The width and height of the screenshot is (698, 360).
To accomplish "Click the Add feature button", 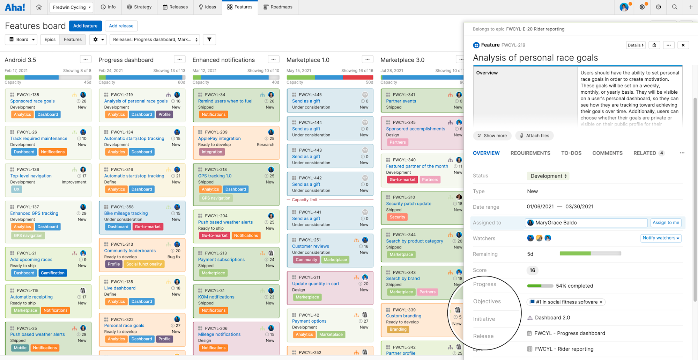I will point(85,26).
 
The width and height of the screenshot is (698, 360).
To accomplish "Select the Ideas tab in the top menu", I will point(207,7).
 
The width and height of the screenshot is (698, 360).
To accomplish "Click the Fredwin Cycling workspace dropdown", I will point(72,7).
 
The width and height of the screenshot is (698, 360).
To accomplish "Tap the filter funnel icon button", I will point(209,39).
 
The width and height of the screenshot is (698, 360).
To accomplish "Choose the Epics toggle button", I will point(50,39).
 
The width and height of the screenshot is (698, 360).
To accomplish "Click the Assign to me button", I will point(666,223).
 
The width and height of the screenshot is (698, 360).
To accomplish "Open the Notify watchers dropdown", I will point(661,238).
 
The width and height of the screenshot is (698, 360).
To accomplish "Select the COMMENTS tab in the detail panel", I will point(607,153).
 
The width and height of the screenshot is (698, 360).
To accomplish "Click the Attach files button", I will point(534,136).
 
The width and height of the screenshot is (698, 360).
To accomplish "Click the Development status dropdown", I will point(548,176).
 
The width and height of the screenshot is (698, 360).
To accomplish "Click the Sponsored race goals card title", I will point(32,101).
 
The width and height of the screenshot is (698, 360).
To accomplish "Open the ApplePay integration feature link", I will point(219,138).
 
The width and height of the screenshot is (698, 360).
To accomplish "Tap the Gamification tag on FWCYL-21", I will point(52,273).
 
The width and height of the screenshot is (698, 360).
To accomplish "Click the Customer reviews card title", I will point(310,246).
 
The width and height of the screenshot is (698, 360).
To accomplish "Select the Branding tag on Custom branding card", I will point(398,329).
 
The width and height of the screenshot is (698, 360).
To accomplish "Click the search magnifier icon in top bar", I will point(675,7).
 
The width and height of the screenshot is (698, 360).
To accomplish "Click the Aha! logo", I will point(15,7).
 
